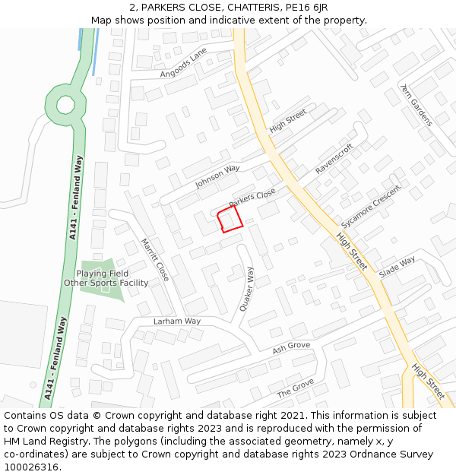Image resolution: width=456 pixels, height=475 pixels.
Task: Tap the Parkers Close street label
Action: click(252, 199)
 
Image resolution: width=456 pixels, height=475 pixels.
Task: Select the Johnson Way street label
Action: click(217, 176)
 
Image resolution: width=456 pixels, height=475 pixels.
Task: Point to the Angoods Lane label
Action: click(183, 63)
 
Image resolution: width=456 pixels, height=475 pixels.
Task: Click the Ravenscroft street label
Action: click(334, 159)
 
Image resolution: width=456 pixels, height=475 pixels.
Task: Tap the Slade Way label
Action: click(397, 267)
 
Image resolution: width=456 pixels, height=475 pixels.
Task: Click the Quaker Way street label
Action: click(246, 290)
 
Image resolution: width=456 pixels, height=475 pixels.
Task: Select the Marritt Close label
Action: click(155, 260)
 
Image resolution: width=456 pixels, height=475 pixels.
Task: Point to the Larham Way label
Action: click(177, 321)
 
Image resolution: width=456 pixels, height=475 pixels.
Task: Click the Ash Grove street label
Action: click(291, 349)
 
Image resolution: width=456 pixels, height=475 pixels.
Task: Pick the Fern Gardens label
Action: click(416, 105)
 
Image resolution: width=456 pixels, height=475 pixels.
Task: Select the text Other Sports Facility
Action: click(106, 283)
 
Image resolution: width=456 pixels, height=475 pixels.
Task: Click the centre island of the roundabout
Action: click(65, 104)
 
